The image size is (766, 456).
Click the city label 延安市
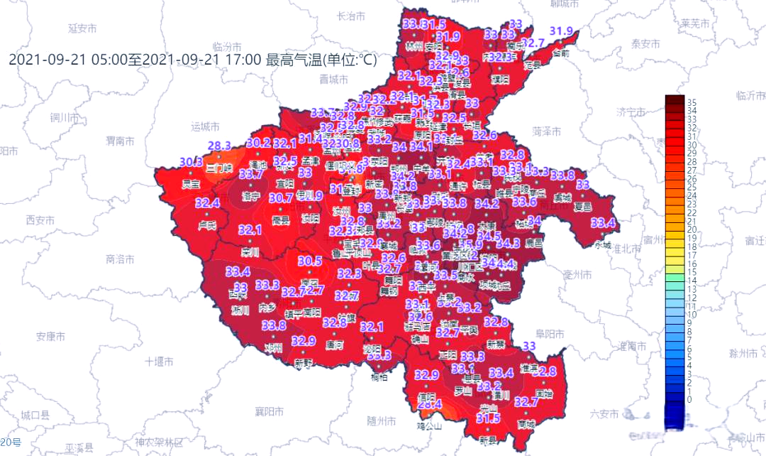[82, 28]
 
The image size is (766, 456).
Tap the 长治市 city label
[350, 16]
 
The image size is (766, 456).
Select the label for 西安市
[40, 219]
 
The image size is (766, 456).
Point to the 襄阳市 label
[270, 411]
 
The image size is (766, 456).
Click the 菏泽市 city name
[546, 131]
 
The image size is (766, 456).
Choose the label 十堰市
[159, 361]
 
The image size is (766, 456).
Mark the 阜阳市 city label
[550, 333]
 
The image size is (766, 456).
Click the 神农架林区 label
[159, 442]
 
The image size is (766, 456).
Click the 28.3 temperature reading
[218, 146]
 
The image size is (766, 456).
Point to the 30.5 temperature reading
[309, 261]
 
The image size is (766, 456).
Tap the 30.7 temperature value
[281, 198]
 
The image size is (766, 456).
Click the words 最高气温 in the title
[292, 59]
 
